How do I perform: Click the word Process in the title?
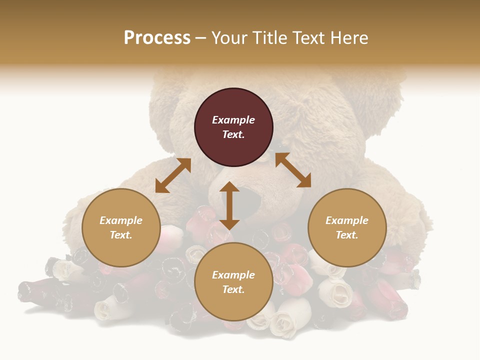click(157, 38)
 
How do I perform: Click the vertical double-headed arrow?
click(229, 205)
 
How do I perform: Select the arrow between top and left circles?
click(173, 175)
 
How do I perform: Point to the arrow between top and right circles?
click(293, 170)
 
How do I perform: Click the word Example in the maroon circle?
click(233, 120)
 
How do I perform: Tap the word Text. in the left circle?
click(121, 235)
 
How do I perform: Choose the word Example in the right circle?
click(347, 220)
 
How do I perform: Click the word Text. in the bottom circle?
click(233, 289)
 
